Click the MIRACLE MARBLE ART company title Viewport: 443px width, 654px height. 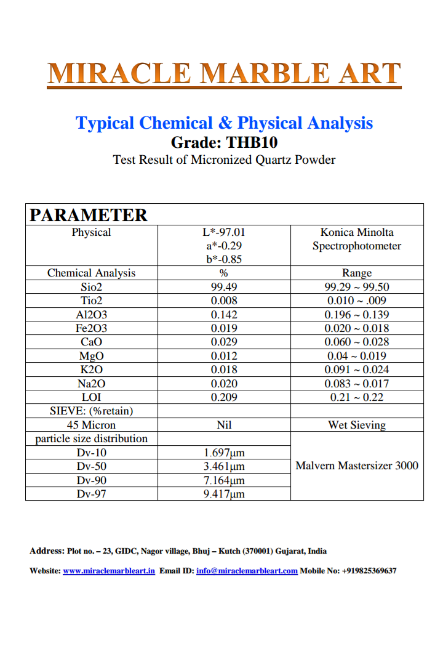pos(225,73)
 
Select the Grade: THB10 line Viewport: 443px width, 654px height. pos(224,142)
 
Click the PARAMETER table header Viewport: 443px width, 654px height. pos(89,215)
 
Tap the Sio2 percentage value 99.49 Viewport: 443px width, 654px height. pos(224,287)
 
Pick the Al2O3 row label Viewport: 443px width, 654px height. pos(91,315)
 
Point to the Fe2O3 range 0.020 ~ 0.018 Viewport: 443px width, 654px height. pos(357,328)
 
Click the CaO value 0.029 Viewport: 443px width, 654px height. pos(224,342)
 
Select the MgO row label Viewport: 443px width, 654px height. pos(91,356)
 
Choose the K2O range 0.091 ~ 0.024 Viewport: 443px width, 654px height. pos(357,369)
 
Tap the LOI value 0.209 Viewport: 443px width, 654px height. pos(224,397)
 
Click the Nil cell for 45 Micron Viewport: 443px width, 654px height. pos(224,425)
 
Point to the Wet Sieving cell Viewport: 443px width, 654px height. pos(357,425)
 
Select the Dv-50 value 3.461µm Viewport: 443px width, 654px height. pos(224,466)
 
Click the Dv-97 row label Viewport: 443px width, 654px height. pos(91,494)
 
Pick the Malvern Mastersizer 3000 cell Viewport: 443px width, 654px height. pos(357,466)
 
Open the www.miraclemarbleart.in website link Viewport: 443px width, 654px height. pos(109,571)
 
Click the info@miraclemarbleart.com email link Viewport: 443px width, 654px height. pos(247,571)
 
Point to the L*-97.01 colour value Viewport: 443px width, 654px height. pos(224,233)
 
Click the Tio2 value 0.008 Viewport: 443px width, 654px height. pos(224,301)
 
